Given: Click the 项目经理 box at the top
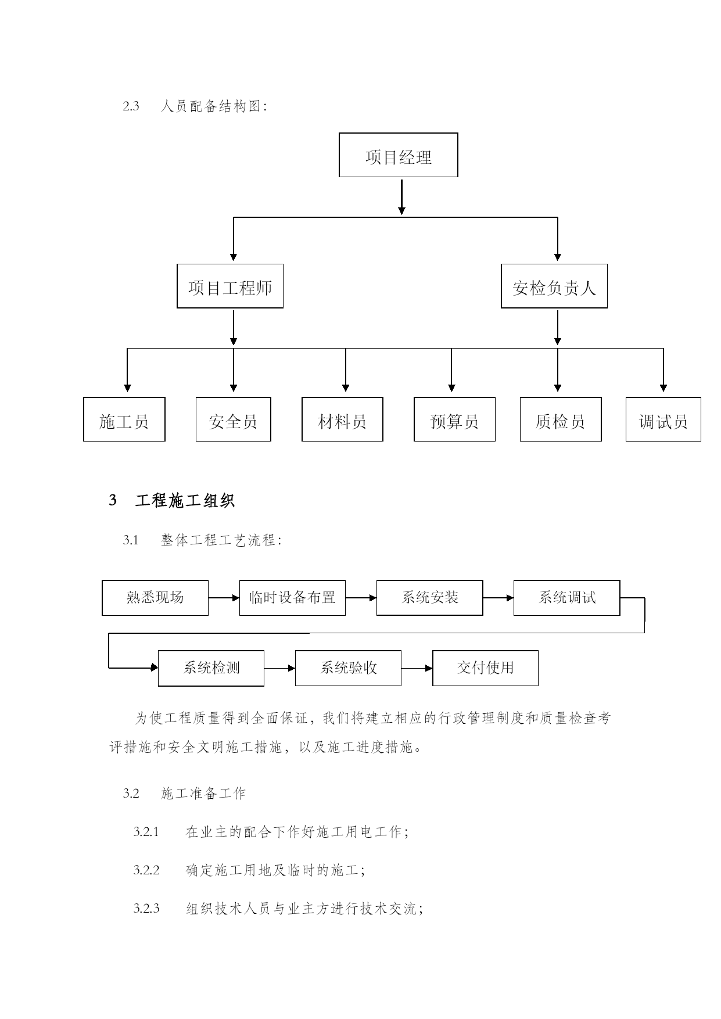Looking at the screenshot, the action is point(399,155).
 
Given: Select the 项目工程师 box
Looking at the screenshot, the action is point(230,286).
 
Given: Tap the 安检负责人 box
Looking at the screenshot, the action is point(554,286).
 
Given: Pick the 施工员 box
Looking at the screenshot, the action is point(124,419).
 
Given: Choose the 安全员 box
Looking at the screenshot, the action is point(234,419).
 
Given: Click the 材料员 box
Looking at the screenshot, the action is point(342,419).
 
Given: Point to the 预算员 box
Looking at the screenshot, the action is point(454,419).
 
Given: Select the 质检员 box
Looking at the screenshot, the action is point(561,419).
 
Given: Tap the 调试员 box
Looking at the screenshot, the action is point(663,419).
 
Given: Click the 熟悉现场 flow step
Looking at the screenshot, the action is point(155,598).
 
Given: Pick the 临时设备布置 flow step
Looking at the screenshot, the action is point(292,598).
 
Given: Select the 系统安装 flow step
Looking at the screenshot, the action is point(430,598).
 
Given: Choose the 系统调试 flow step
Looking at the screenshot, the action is point(567,598).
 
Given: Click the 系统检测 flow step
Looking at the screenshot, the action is point(211,668).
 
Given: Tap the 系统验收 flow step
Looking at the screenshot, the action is point(349,668).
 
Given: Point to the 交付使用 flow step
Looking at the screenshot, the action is point(486,668).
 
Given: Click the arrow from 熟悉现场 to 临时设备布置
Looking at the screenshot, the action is point(224,598).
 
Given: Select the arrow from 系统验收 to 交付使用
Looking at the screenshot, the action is point(417,668).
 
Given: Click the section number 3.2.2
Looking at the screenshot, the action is point(146,870).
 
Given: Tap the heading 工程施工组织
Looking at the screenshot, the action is point(185,500).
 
